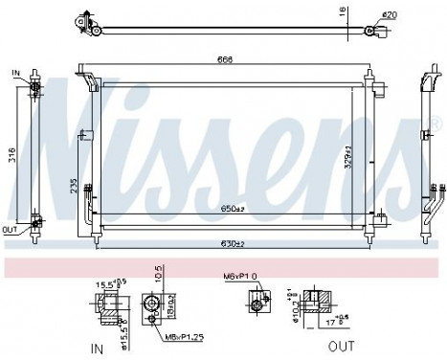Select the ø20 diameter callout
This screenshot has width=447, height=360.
click(x=389, y=14)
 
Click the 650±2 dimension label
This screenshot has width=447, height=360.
click(x=233, y=209)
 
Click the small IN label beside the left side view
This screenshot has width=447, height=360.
click(x=15, y=73)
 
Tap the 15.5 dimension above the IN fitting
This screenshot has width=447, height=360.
click(x=107, y=284)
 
